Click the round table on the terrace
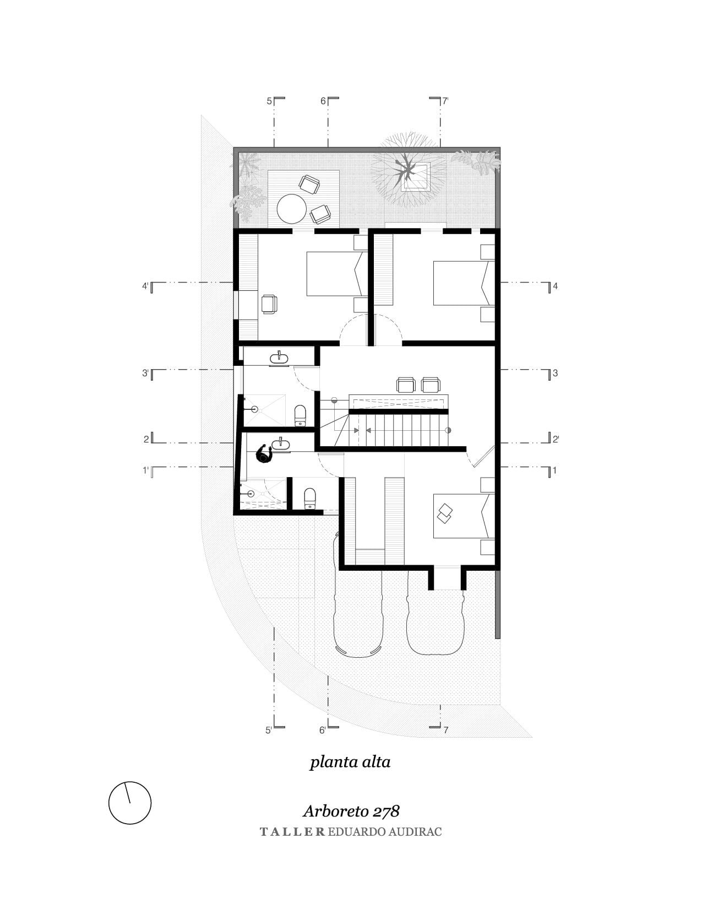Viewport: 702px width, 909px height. tap(292, 209)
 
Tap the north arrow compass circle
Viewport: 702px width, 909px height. tap(129, 802)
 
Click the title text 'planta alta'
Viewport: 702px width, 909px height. tap(350, 762)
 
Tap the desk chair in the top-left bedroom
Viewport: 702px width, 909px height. tap(269, 304)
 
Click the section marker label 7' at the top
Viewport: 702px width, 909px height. tap(445, 101)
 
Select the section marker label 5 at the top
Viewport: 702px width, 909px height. tap(269, 101)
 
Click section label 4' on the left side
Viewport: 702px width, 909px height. tap(145, 286)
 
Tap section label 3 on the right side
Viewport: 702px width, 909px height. tap(555, 373)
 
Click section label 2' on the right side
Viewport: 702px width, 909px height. tap(556, 439)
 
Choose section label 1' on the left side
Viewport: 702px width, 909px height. tap(145, 470)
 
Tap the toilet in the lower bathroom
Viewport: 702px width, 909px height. tap(309, 498)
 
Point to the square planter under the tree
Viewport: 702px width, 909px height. tap(415, 177)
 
